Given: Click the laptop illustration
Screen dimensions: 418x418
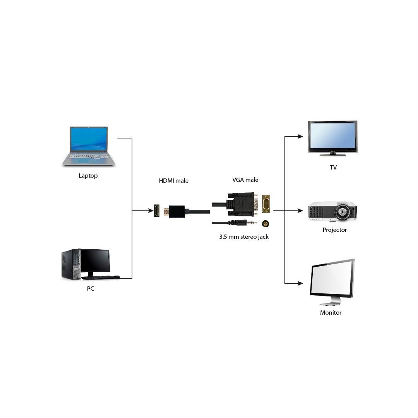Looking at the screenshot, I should coord(89,146).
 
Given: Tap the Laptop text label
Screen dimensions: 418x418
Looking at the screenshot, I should coord(88,176).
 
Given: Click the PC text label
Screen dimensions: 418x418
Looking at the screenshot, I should coord(91,289).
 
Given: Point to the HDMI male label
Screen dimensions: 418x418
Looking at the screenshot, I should coord(174,181).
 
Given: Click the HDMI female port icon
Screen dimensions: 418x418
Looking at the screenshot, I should coord(157,211).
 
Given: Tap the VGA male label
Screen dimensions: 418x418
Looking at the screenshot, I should coord(245,180).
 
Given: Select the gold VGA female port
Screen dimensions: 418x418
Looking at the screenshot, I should coord(266,204).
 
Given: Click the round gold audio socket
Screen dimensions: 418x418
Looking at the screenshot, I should coord(266,224).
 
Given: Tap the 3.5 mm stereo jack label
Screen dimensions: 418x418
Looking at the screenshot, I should coord(244,237).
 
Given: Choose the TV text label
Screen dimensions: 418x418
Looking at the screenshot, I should coord(333,168).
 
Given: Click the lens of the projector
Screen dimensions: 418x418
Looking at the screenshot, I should coord(342,212).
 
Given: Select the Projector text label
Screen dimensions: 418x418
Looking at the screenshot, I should coord(335,230).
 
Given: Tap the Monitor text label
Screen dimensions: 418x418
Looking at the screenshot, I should coord(331,313).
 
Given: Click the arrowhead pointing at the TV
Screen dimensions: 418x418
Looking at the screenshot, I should coord(300,136).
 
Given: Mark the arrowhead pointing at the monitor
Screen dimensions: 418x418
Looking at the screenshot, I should coord(300,283).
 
